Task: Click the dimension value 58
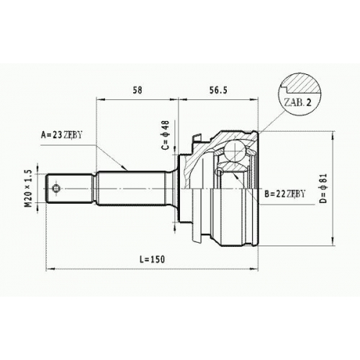click(x=138, y=90)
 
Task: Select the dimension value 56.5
click(x=218, y=90)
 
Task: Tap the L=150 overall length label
click(x=153, y=259)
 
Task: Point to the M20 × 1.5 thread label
click(x=28, y=189)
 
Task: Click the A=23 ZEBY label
click(x=61, y=135)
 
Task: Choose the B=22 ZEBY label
click(x=285, y=194)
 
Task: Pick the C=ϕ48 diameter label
click(x=166, y=135)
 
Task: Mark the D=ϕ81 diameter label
click(x=323, y=189)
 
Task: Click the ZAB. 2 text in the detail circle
click(x=297, y=102)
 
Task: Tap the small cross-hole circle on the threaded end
click(x=56, y=188)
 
